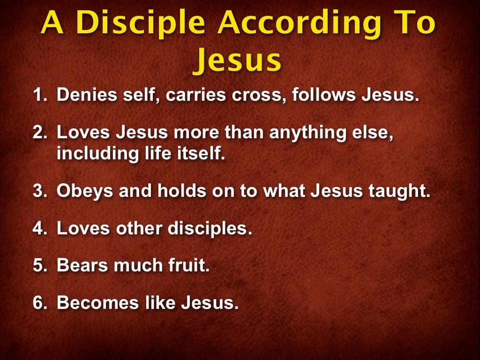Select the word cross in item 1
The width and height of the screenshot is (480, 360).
click(x=257, y=96)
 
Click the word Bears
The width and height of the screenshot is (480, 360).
click(x=81, y=265)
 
